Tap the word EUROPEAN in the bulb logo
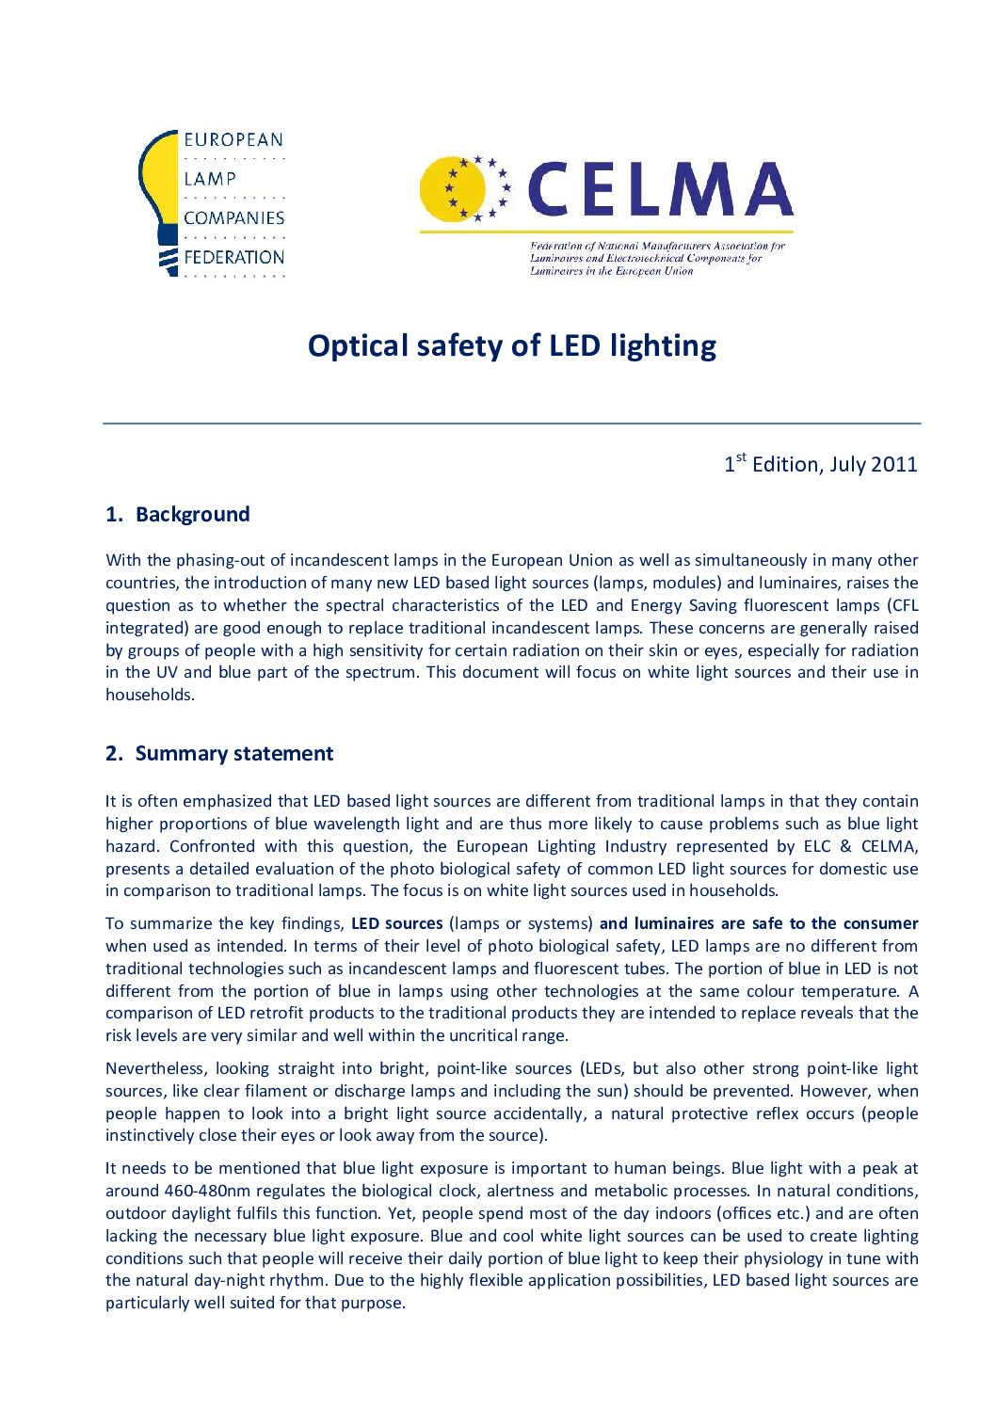click(x=233, y=140)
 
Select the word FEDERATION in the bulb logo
click(x=233, y=257)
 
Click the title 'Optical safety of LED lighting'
click(x=511, y=346)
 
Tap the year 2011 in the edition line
click(x=893, y=465)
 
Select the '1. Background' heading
click(x=178, y=515)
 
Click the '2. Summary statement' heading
click(x=219, y=754)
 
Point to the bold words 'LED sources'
click(x=396, y=923)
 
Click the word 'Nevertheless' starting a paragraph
click(x=155, y=1068)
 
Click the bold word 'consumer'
click(x=880, y=923)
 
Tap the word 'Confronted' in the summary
click(x=213, y=846)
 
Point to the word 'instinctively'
click(x=151, y=1135)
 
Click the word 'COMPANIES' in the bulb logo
click(x=233, y=218)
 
